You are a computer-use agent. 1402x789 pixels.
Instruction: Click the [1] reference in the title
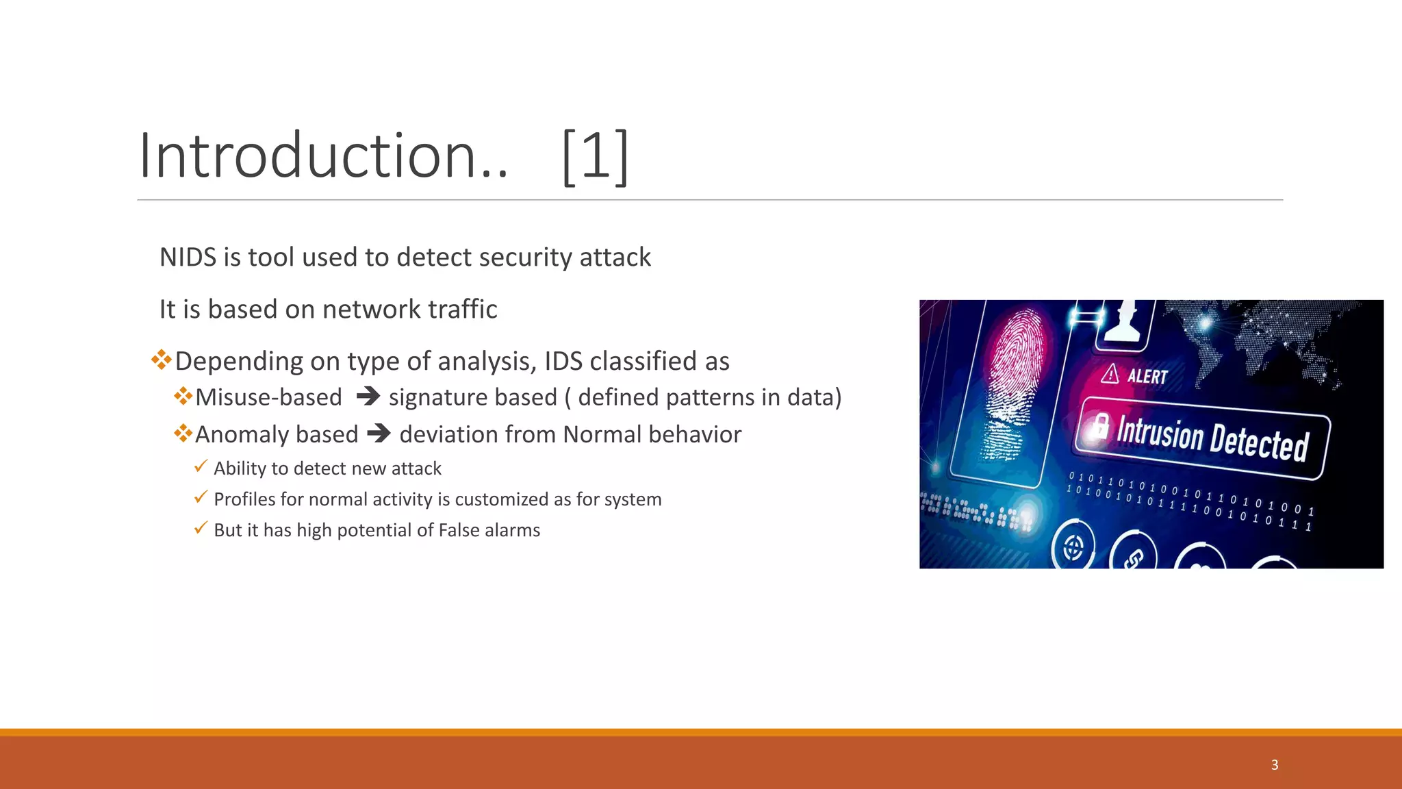click(x=594, y=156)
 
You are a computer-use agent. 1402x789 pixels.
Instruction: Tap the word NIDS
click(x=187, y=258)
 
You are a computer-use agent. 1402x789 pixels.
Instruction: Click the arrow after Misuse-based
click(x=368, y=397)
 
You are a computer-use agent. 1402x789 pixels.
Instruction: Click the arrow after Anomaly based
click(x=379, y=434)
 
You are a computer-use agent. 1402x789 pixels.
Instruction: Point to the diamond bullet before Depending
click(x=162, y=360)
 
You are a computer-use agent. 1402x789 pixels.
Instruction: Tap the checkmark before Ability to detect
click(x=201, y=466)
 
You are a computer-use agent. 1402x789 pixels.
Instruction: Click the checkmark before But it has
click(x=201, y=528)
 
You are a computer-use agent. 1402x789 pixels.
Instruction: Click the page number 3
click(x=1274, y=765)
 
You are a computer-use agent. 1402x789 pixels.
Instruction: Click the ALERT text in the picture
click(x=1147, y=377)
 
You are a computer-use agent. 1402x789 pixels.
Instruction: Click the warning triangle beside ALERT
click(x=1110, y=374)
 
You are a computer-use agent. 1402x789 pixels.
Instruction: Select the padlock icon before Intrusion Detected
click(x=1100, y=425)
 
